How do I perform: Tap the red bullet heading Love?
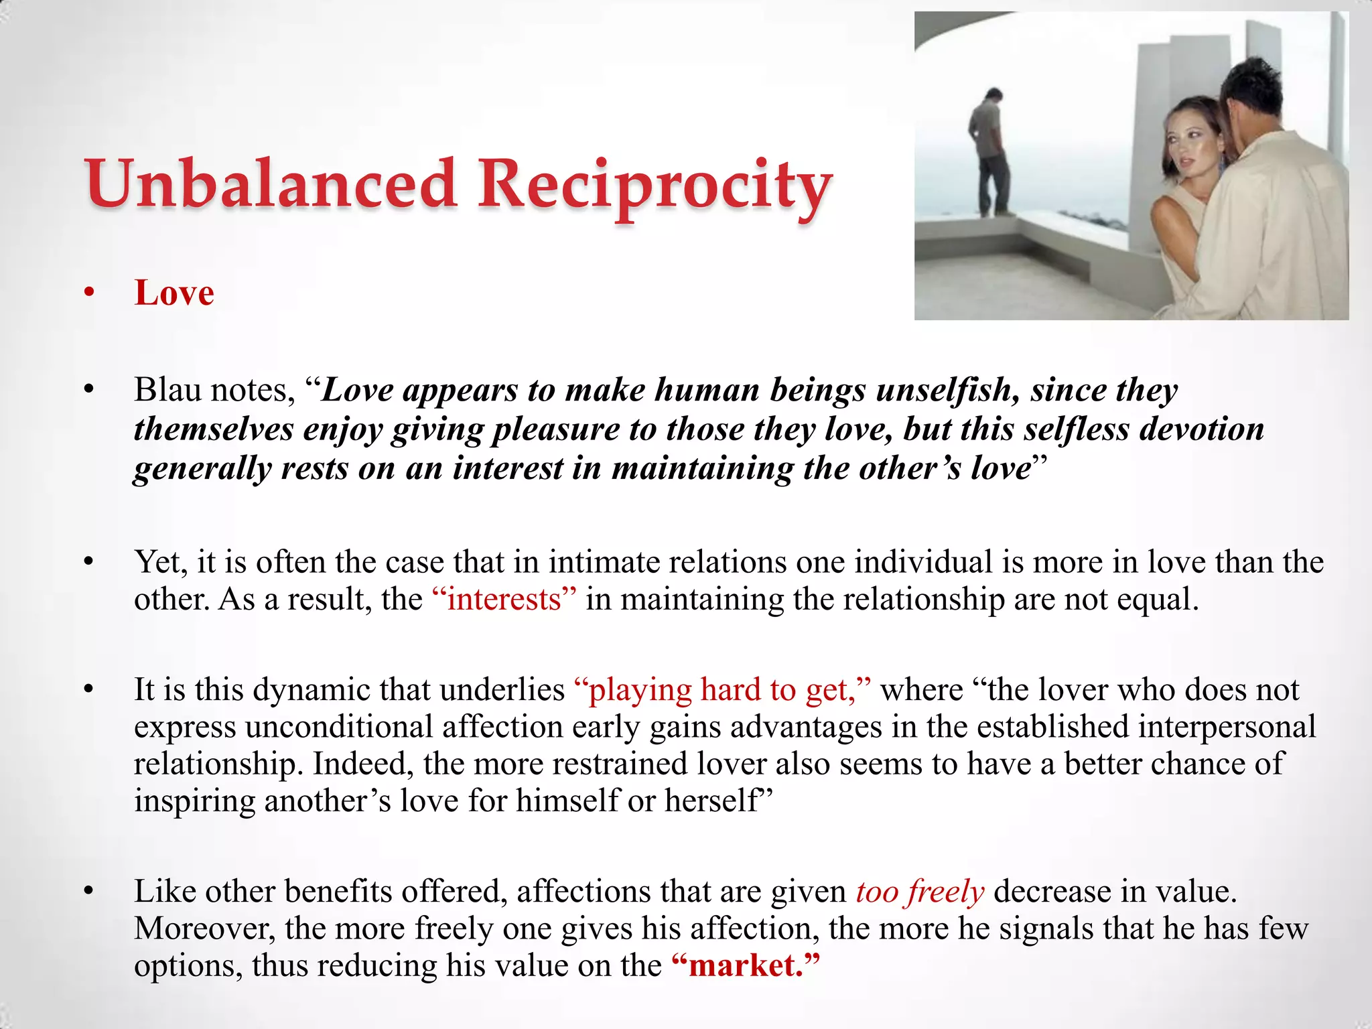[x=174, y=293]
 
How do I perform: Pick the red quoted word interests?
[x=504, y=599]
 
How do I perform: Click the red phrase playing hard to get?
[x=722, y=689]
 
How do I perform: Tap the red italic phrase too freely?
[x=920, y=892]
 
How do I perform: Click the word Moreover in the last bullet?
[x=204, y=929]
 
